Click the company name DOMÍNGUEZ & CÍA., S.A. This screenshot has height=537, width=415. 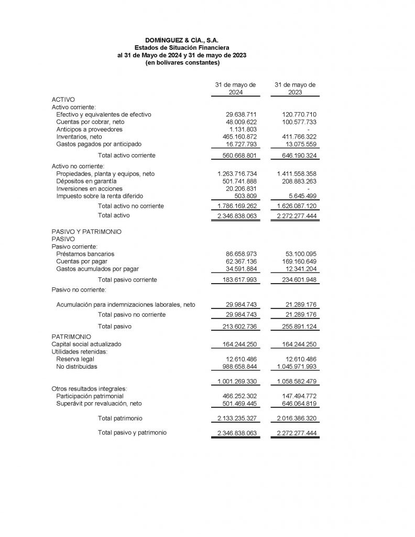182,40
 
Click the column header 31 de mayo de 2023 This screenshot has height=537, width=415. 295,88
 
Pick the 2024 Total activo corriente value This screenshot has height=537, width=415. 237,156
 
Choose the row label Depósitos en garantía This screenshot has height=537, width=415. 86,181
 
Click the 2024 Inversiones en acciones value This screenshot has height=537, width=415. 241,188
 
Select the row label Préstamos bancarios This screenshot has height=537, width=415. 85,254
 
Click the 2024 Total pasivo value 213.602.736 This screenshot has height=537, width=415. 237,326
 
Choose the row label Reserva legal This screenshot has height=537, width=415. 75,359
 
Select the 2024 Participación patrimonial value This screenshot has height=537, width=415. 237,396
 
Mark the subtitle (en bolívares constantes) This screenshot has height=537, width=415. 182,63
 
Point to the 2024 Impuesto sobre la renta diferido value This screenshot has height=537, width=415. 244,196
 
